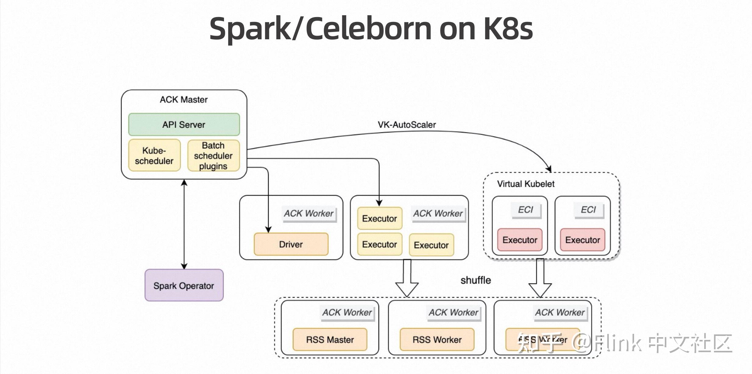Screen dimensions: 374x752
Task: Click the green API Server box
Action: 184,125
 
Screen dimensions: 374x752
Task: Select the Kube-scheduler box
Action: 154,156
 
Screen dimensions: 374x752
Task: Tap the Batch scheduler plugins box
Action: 213,156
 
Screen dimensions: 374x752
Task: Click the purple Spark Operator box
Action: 184,286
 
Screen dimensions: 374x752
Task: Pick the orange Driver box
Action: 291,244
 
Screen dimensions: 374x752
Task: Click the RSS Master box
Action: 330,340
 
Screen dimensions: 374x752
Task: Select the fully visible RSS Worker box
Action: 437,340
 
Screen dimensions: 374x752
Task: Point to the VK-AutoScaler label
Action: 407,125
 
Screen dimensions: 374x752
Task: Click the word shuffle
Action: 476,280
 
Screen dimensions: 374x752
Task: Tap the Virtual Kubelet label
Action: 526,184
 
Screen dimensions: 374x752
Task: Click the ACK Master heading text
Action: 184,100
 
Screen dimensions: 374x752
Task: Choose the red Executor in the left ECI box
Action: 520,240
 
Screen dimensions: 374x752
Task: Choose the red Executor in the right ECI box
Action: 583,240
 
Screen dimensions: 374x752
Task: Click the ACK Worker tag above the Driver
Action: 309,213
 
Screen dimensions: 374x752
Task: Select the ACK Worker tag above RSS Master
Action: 347,312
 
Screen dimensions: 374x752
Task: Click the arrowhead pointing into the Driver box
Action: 268,230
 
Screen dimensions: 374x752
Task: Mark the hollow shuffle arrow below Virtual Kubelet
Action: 540,282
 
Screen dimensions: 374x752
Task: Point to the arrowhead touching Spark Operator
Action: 184,266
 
